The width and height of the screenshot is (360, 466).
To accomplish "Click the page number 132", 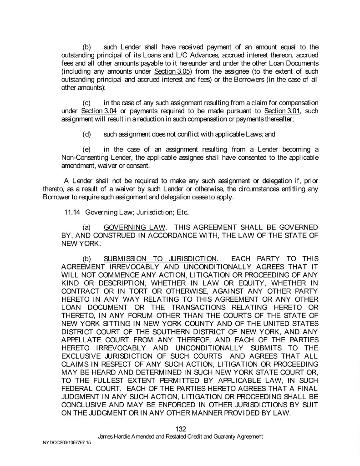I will point(181,429).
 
